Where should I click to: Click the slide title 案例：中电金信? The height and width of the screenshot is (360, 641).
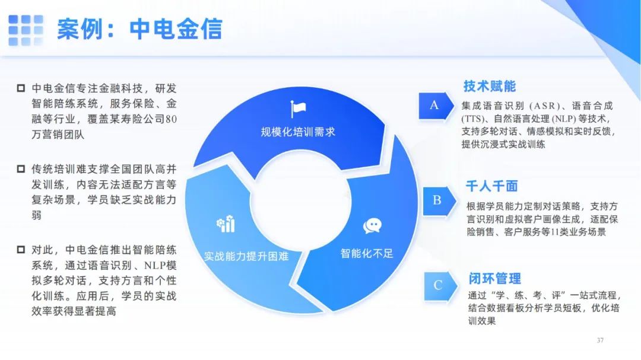pyautogui.click(x=139, y=29)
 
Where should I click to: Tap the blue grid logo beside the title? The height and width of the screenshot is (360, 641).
pyautogui.click(x=26, y=30)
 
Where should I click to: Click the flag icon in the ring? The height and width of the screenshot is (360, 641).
pyautogui.click(x=298, y=109)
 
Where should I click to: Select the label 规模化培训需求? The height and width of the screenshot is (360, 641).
pyautogui.click(x=298, y=132)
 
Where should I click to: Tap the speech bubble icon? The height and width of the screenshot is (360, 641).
pyautogui.click(x=372, y=225)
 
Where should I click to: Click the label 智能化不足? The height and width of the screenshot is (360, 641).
pyautogui.click(x=367, y=253)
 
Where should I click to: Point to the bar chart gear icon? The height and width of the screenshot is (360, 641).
pyautogui.click(x=226, y=224)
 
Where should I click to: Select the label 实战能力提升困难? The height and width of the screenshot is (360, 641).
pyautogui.click(x=246, y=256)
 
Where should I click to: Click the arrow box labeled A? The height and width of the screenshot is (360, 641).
pyautogui.click(x=436, y=106)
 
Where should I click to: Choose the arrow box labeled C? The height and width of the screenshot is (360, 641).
pyautogui.click(x=440, y=285)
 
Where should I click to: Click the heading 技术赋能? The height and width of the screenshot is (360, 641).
pyautogui.click(x=489, y=86)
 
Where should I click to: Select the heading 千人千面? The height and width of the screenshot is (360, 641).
pyautogui.click(x=492, y=186)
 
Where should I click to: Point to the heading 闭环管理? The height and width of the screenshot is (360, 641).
pyautogui.click(x=494, y=279)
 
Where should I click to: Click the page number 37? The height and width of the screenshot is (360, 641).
pyautogui.click(x=600, y=340)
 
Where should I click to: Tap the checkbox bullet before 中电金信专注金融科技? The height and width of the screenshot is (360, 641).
pyautogui.click(x=21, y=88)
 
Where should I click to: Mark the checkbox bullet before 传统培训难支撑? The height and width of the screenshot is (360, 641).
pyautogui.click(x=21, y=169)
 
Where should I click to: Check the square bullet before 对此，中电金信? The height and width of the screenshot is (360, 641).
pyautogui.click(x=21, y=249)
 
